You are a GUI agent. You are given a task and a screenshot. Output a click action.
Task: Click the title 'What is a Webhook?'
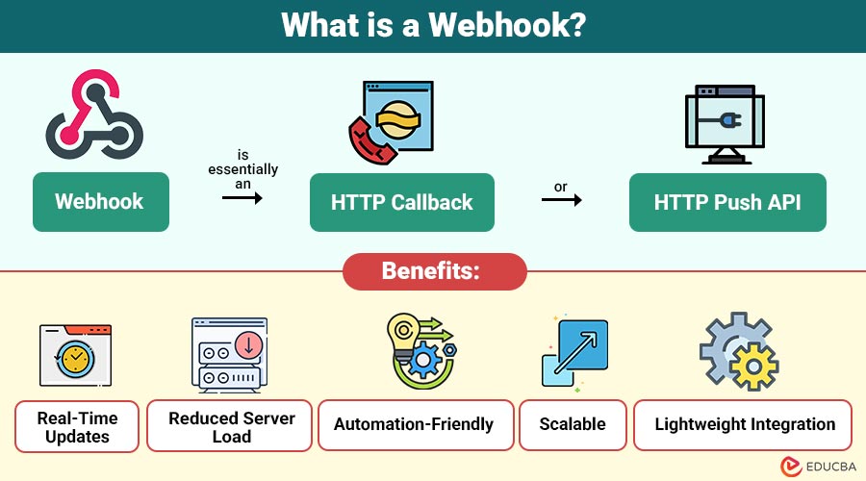tap(433, 25)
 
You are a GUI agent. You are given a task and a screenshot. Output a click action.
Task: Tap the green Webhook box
tap(100, 202)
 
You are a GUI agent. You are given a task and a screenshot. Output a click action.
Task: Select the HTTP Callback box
tap(401, 202)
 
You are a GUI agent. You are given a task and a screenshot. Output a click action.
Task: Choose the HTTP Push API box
tap(727, 202)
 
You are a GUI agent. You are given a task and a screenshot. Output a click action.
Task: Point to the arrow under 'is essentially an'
tap(242, 197)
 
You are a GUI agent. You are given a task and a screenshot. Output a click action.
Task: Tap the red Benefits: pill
tap(435, 271)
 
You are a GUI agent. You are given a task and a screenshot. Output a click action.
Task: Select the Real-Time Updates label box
tap(77, 426)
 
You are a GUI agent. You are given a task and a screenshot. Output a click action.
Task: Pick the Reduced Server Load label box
tap(229, 426)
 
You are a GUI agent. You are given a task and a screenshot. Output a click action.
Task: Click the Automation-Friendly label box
tap(413, 424)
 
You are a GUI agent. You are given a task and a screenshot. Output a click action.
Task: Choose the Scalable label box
tap(573, 424)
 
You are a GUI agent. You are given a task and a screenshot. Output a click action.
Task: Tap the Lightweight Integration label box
tap(744, 424)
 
